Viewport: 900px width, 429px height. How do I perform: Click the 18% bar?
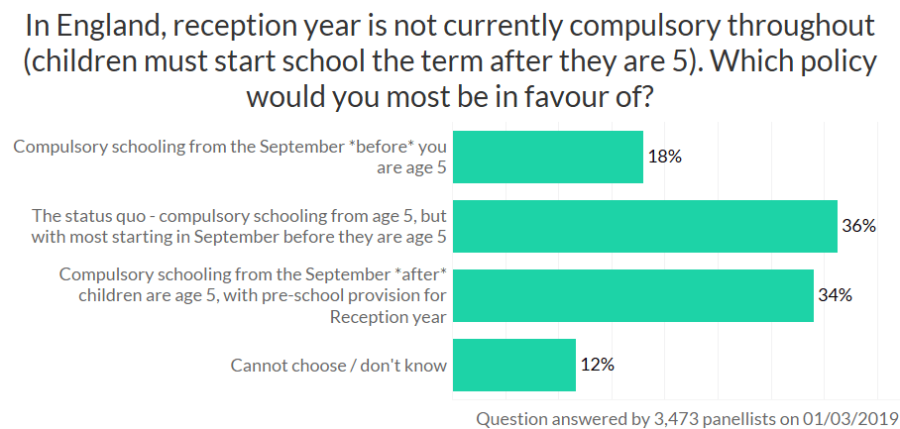click(x=547, y=157)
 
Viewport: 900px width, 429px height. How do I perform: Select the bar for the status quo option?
click(x=644, y=226)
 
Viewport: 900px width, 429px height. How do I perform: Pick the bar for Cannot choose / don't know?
click(x=513, y=365)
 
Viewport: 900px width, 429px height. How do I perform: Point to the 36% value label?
click(x=858, y=226)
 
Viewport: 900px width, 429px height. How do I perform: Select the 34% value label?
click(x=835, y=295)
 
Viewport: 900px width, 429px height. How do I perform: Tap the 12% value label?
click(x=597, y=365)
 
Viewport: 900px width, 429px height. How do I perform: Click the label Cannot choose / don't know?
click(x=339, y=366)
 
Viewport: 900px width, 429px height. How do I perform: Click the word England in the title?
click(x=115, y=24)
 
